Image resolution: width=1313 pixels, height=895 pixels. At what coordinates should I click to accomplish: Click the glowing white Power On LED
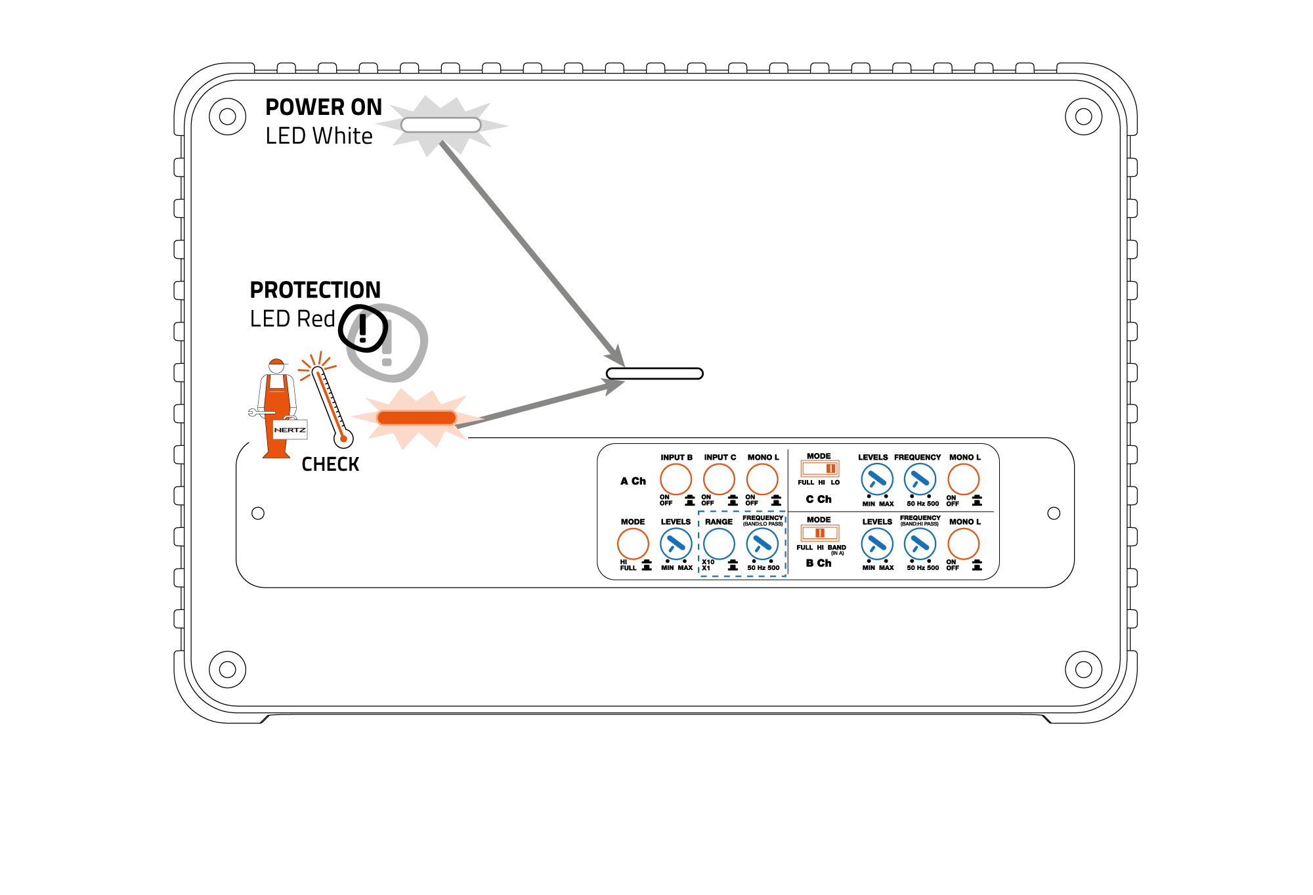click(x=441, y=125)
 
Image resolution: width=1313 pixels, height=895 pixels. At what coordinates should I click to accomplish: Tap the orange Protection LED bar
click(x=416, y=418)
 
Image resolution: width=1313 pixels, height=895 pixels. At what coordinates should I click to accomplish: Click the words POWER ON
click(x=323, y=107)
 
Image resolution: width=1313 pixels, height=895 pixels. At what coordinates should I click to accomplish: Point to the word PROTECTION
click(x=315, y=290)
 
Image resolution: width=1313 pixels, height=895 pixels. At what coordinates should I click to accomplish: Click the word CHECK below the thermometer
click(x=330, y=464)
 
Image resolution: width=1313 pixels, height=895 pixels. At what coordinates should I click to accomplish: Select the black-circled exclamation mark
click(x=363, y=328)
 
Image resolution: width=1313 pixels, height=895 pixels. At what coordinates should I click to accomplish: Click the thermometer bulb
click(x=343, y=439)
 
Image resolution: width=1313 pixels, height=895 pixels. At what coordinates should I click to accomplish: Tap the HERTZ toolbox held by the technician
click(x=290, y=429)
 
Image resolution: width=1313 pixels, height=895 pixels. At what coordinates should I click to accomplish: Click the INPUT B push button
click(x=676, y=479)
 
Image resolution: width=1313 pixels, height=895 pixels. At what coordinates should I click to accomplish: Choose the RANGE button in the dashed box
click(x=719, y=544)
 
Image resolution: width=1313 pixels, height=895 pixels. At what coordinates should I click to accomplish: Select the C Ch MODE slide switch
click(x=819, y=468)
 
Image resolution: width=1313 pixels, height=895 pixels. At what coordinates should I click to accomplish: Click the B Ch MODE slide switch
click(x=819, y=533)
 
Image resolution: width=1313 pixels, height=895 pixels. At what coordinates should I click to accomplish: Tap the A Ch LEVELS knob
click(x=676, y=544)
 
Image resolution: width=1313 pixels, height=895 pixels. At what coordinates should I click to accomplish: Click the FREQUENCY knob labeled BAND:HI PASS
click(x=920, y=544)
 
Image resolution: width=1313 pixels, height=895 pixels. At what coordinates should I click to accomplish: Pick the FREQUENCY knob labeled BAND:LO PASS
click(x=762, y=544)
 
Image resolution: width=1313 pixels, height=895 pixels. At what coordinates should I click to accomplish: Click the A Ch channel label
click(x=633, y=481)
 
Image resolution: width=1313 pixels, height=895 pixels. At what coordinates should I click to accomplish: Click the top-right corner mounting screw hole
click(x=1083, y=117)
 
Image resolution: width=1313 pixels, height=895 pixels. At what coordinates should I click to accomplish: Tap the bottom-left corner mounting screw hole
click(x=227, y=669)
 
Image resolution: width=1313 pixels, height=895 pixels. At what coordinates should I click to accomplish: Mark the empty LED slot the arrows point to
click(x=655, y=374)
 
